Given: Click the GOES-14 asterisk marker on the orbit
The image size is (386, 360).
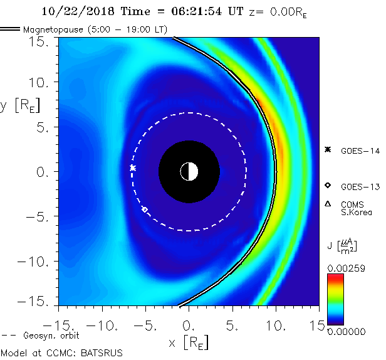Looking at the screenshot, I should point(132,168).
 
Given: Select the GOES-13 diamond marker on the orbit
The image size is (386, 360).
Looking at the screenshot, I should point(145,209).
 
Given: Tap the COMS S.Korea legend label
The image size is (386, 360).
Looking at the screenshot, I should point(356,208).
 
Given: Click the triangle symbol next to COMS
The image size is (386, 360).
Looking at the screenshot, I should point(328,204).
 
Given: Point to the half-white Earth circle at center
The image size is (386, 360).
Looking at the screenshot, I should point(189,171).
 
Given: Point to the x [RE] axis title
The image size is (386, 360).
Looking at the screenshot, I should point(189,343).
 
